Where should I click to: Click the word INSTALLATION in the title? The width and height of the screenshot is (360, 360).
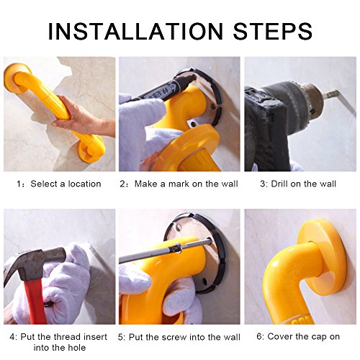136,31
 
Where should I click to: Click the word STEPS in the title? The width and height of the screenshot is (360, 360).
273,31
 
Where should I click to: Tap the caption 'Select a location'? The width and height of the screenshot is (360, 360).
66,184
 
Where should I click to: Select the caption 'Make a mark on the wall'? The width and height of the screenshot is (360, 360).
186,184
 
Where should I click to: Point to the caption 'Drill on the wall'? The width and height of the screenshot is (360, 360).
303,184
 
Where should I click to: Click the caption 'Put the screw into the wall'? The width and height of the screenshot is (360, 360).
184,337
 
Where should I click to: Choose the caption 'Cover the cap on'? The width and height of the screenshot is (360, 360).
304,336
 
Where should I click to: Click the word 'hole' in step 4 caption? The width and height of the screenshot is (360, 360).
76,348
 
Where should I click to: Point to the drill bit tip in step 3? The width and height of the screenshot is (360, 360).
355,111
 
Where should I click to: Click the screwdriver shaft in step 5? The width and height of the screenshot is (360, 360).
166,251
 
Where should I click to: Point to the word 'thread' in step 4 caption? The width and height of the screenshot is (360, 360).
66,337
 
